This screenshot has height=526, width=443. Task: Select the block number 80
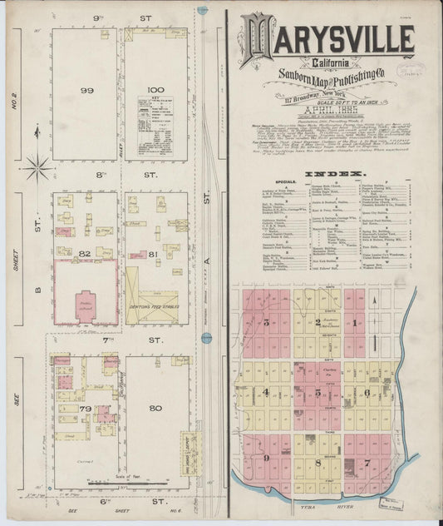pyautogui.click(x=155, y=408)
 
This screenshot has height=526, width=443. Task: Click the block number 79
pyautogui.click(x=85, y=409)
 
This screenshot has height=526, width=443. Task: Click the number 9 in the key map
pyautogui.click(x=267, y=458)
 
